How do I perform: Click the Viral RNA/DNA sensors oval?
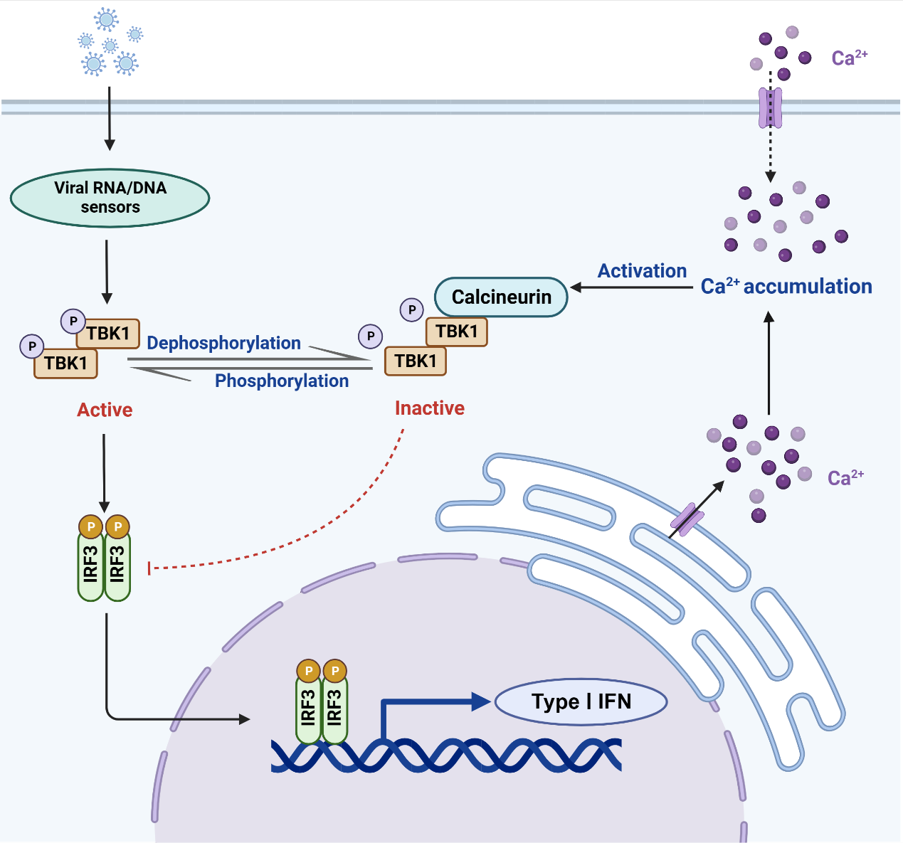(110, 198)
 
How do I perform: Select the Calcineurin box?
(501, 297)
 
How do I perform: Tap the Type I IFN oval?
(581, 702)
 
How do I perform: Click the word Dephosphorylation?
(223, 343)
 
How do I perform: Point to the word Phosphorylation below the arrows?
(282, 381)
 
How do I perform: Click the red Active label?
(105, 410)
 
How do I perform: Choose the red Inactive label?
(430, 408)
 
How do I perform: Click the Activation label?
(642, 271)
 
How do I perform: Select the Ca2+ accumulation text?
(786, 287)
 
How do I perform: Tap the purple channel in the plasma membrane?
(770, 107)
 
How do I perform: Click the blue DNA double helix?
(446, 755)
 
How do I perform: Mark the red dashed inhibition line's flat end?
(149, 568)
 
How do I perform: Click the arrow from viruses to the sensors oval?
(110, 118)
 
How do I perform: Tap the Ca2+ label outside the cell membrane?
(849, 58)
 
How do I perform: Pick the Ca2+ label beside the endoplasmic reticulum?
(845, 477)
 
